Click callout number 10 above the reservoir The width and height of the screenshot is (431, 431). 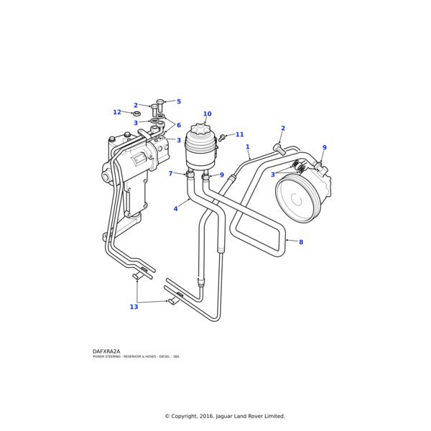click(x=207, y=114)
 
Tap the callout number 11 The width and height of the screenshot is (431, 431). click(x=239, y=134)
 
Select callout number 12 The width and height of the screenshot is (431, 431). click(x=117, y=112)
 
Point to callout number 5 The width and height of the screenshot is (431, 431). click(x=179, y=102)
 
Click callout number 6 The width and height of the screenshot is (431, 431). click(x=179, y=125)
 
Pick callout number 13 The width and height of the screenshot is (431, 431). click(x=134, y=307)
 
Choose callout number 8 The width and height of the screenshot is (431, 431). click(x=301, y=242)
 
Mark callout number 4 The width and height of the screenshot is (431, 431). click(x=175, y=209)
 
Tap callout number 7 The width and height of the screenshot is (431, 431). click(x=170, y=173)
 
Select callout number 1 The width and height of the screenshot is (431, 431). click(x=248, y=147)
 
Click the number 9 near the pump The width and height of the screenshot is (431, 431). click(x=324, y=148)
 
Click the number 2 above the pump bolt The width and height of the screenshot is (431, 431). click(x=283, y=129)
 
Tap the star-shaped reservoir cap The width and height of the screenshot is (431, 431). click(x=200, y=131)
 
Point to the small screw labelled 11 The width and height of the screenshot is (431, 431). click(x=223, y=136)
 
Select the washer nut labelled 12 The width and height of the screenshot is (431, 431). click(x=136, y=113)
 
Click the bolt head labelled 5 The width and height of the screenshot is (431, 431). click(x=160, y=103)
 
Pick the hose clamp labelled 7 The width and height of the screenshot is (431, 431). click(x=190, y=174)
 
